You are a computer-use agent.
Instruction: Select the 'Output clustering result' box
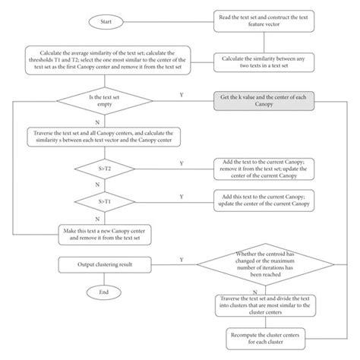click(x=104, y=264)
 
